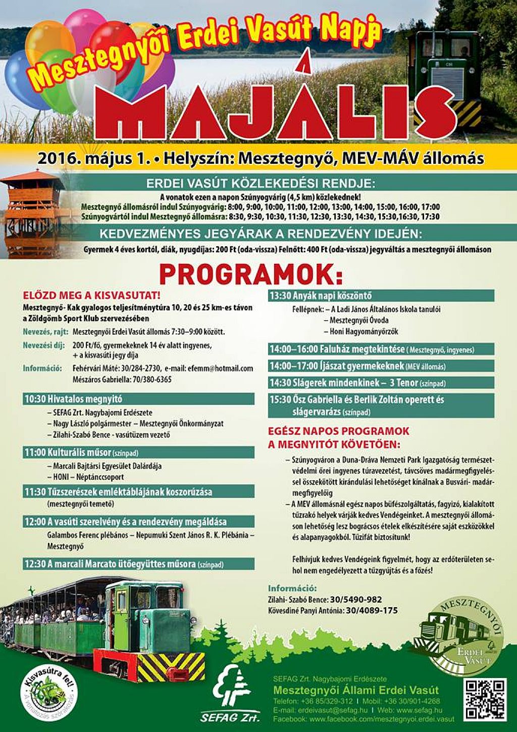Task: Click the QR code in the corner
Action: pyautogui.click(x=484, y=700)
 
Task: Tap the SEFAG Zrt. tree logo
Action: pyautogui.click(x=231, y=691)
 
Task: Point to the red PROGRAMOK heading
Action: pyautogui.click(x=251, y=274)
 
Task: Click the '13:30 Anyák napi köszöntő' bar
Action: pyautogui.click(x=381, y=296)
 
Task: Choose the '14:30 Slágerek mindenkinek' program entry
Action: pyautogui.click(x=381, y=383)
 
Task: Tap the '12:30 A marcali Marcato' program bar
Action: pyautogui.click(x=138, y=564)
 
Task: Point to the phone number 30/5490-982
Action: pyautogui.click(x=356, y=600)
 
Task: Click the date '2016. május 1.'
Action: pyautogui.click(x=94, y=159)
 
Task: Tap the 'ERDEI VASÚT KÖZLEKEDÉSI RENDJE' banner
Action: pyautogui.click(x=261, y=183)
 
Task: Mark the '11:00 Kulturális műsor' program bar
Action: pyautogui.click(x=138, y=452)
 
